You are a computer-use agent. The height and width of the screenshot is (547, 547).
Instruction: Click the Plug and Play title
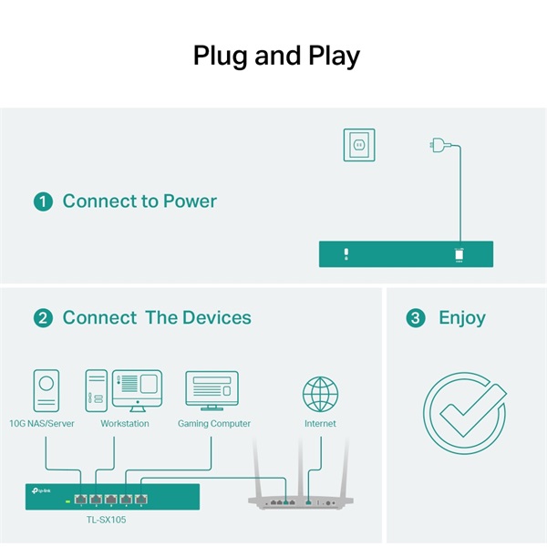[x=276, y=57]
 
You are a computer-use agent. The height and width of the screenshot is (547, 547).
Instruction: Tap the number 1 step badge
[x=43, y=201]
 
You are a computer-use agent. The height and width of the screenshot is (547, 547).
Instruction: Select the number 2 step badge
[x=43, y=318]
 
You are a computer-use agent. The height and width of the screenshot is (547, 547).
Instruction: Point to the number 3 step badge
[x=416, y=318]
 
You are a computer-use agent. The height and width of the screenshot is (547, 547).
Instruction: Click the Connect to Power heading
[x=139, y=201]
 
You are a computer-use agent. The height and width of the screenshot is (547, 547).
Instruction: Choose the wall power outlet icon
[x=358, y=145]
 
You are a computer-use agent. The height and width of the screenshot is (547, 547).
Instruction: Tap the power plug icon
[x=439, y=145]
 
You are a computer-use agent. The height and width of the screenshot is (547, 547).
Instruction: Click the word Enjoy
[x=462, y=318]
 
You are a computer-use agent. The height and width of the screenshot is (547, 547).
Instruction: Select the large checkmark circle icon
[x=464, y=411]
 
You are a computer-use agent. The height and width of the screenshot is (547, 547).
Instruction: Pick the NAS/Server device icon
[x=46, y=392]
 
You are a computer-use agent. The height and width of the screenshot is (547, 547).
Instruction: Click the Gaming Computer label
[x=212, y=424]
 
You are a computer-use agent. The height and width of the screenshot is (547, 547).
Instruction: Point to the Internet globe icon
[x=320, y=394]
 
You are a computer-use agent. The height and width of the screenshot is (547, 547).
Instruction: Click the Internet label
[x=320, y=424]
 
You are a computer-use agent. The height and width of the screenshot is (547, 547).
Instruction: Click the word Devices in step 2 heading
[x=216, y=318]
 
